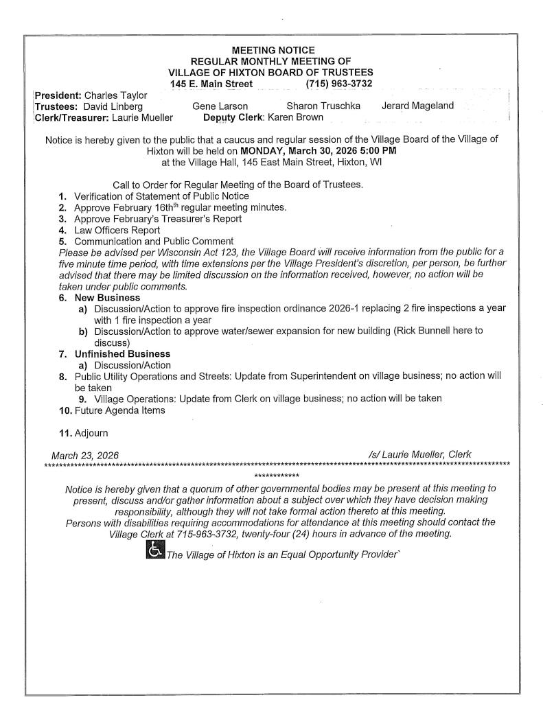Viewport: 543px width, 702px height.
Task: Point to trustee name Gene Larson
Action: point(220,106)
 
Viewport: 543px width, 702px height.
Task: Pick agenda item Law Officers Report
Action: point(117,231)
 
